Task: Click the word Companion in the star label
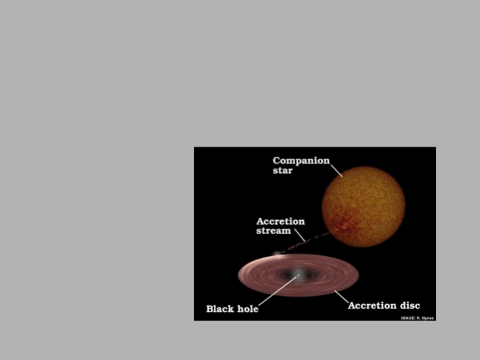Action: [301, 161]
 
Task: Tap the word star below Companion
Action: [283, 171]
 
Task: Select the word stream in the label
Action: [273, 231]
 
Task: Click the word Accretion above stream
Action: [281, 221]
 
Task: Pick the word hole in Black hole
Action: [247, 309]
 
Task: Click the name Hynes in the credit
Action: [427, 318]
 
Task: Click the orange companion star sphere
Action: [364, 207]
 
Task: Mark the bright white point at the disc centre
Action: [298, 275]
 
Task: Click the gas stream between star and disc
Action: [303, 243]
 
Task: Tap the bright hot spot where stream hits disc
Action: [277, 253]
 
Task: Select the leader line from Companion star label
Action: [337, 171]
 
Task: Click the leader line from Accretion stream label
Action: [300, 235]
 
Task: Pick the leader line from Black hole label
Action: [278, 291]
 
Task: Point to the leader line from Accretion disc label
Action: [341, 297]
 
